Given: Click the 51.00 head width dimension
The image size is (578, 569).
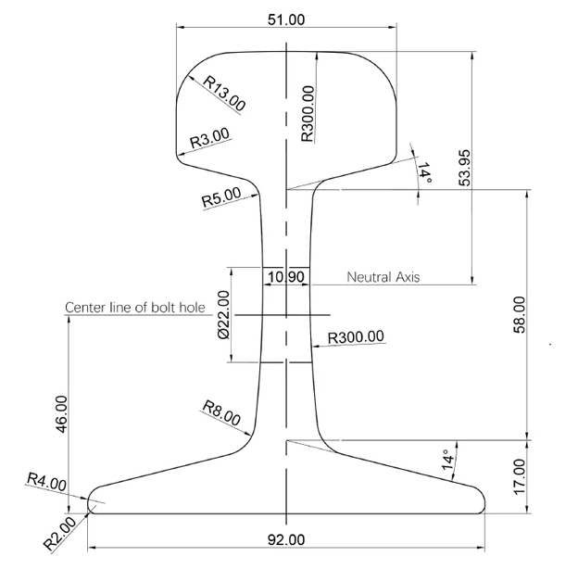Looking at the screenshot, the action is click(x=286, y=19).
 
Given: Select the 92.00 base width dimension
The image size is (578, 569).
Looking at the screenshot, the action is click(x=286, y=540).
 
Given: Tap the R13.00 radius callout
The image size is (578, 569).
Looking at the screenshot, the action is click(x=224, y=94).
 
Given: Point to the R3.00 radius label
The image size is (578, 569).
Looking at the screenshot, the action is click(x=209, y=138).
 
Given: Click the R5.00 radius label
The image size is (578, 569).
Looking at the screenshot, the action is click(x=221, y=196).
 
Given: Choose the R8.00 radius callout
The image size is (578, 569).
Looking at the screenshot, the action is click(x=221, y=412).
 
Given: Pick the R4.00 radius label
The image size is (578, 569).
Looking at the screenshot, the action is click(x=46, y=482).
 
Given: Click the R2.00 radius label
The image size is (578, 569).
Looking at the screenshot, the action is click(x=59, y=533).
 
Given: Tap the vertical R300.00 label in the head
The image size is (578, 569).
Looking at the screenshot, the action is click(x=308, y=114).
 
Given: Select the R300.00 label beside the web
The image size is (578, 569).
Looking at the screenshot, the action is click(x=356, y=336).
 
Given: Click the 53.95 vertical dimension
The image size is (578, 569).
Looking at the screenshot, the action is click(x=465, y=168).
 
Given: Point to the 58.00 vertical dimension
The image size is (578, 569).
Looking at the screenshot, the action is click(x=519, y=314).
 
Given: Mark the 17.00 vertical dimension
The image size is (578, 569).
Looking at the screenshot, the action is click(x=519, y=477).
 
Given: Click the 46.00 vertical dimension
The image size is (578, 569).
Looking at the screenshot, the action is click(x=61, y=414).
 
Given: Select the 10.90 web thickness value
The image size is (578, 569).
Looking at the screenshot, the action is click(x=286, y=277).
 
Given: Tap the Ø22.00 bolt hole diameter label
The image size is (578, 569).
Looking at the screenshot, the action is click(x=224, y=314).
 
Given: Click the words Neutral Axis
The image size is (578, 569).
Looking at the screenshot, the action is click(x=383, y=277).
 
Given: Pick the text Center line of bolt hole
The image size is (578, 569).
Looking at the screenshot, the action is click(x=135, y=307).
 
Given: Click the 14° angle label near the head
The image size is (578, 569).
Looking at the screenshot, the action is click(x=424, y=172).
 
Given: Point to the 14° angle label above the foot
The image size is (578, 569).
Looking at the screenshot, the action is click(x=448, y=460).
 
